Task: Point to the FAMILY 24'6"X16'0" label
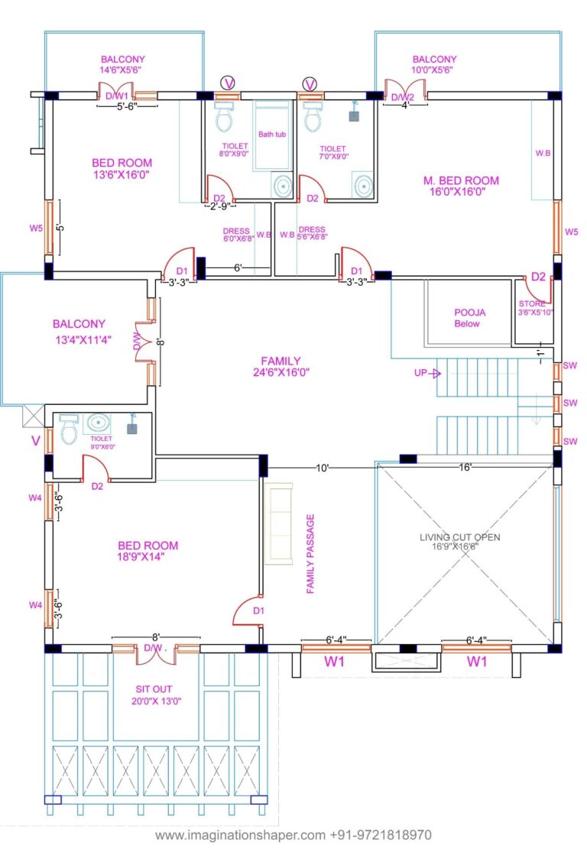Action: [x=281, y=367]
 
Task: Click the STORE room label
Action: [x=532, y=308]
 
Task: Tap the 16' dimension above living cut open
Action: [x=465, y=466]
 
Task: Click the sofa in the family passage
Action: [x=278, y=523]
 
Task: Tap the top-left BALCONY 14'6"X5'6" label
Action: [x=122, y=64]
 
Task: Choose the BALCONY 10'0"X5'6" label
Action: [x=434, y=64]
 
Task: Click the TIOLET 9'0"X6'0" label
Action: [x=100, y=442]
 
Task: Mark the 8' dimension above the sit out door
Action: [x=155, y=636]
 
